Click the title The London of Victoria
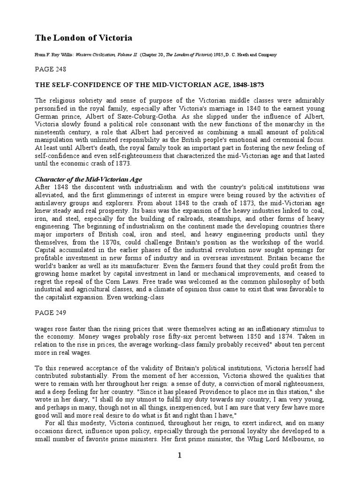[80, 38]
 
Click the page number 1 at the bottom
[180, 468]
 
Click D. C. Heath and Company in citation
[252, 55]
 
